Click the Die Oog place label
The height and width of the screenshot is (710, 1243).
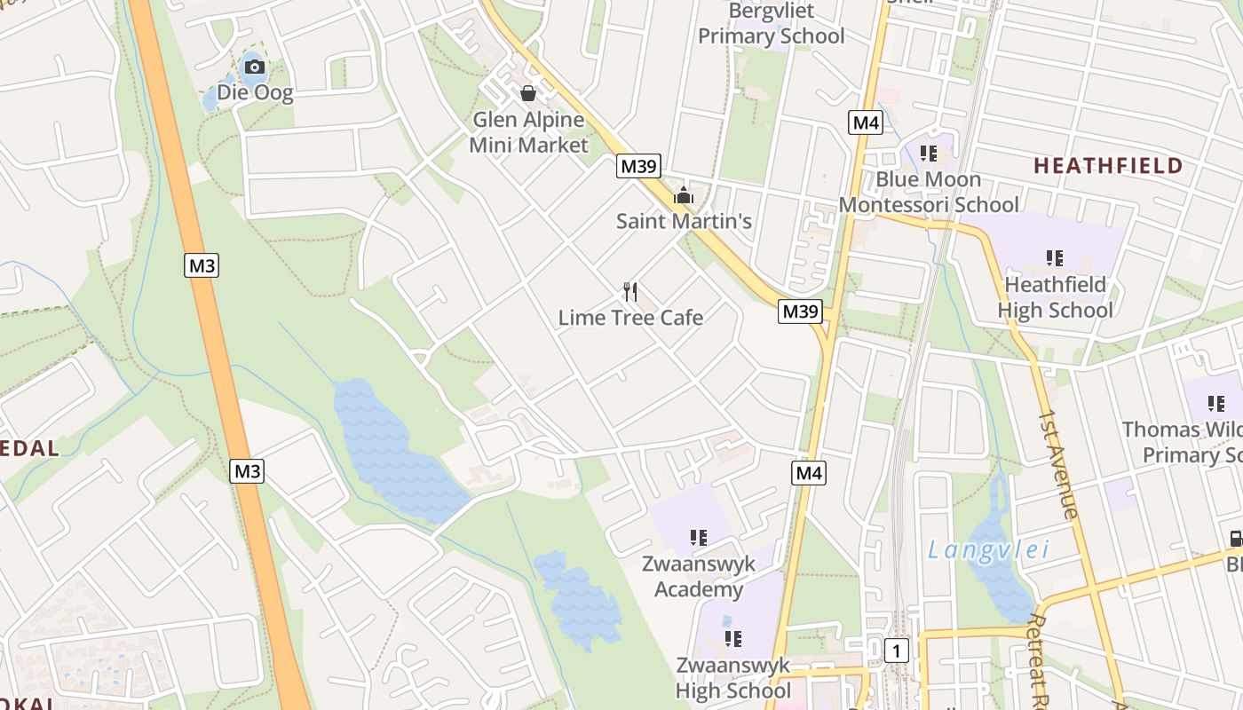pos(255,92)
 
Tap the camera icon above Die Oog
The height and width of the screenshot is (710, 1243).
pos(255,67)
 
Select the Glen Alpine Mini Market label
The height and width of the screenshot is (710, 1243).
pos(528,132)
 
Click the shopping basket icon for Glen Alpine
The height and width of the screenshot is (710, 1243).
pos(528,93)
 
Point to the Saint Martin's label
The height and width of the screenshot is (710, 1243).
pos(684,221)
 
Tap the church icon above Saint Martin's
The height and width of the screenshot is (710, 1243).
pos(684,195)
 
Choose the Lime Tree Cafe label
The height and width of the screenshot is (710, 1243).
pos(630,318)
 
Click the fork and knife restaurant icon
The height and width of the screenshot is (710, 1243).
pos(630,291)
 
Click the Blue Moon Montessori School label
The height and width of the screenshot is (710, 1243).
pos(929,192)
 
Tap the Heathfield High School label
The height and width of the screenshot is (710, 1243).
pos(1055,297)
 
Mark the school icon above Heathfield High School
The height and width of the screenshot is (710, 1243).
pos(1055,258)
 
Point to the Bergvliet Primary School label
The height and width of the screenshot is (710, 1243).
pos(771,24)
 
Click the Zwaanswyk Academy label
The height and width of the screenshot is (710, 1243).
pos(699,577)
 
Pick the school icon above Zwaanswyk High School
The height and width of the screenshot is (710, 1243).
pos(733,638)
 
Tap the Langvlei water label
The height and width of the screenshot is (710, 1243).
pos(988,550)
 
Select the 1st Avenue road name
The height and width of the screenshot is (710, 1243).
pos(1058,464)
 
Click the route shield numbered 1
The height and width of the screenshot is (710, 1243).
pos(897,651)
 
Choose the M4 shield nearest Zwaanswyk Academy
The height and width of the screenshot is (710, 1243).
pos(809,473)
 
